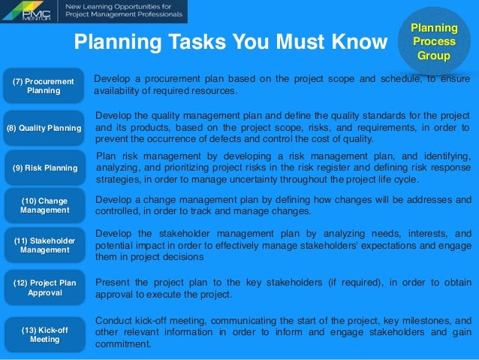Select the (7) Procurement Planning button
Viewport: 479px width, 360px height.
[44, 86]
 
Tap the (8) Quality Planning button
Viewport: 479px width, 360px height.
[44, 128]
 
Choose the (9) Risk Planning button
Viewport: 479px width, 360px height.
[44, 168]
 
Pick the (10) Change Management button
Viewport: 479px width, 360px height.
[44, 205]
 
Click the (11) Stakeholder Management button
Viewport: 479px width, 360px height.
[44, 244]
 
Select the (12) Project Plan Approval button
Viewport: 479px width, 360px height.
[44, 288]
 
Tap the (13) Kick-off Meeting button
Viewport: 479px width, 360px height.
[44, 334]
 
